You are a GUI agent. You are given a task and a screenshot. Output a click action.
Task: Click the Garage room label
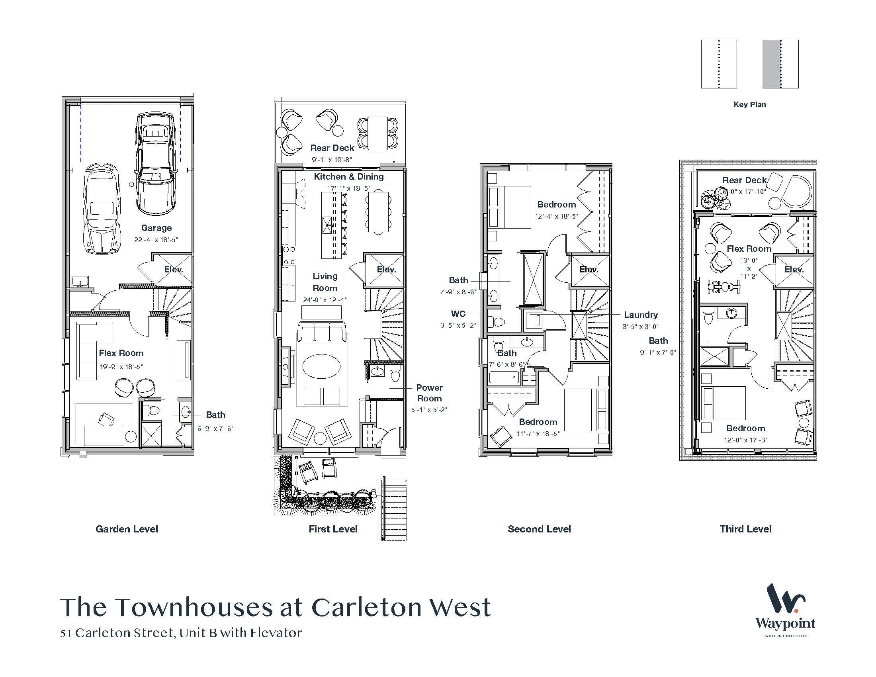click(x=156, y=228)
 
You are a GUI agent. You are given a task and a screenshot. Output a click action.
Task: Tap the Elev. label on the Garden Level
click(x=174, y=270)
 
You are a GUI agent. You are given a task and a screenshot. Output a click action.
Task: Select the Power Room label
click(x=429, y=393)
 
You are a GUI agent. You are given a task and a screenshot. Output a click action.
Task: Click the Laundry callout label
click(x=641, y=315)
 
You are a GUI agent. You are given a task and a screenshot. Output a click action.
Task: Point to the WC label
click(x=458, y=314)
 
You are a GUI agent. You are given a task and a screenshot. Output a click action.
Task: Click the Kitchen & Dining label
click(x=348, y=176)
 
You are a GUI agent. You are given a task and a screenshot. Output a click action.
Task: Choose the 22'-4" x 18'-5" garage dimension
click(x=156, y=240)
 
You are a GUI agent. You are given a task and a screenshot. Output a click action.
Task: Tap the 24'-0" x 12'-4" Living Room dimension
click(x=325, y=299)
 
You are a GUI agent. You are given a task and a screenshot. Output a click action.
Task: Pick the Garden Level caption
click(x=127, y=529)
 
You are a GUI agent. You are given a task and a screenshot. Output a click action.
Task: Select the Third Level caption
click(x=745, y=529)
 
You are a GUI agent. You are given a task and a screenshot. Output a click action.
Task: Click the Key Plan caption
click(x=750, y=104)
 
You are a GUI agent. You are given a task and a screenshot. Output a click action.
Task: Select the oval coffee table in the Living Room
click(x=321, y=366)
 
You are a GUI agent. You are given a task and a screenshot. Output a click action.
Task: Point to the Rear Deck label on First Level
click(x=332, y=148)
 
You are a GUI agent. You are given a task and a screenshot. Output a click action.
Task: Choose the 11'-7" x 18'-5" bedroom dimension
click(x=538, y=434)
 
